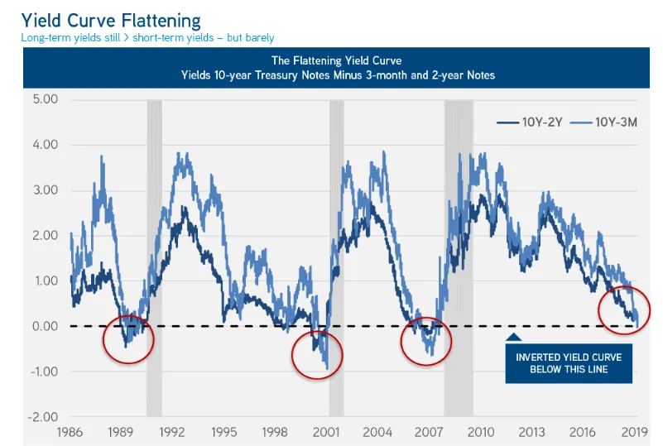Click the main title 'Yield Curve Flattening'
111,18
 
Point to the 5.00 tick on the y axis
41,100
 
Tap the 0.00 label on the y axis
41,326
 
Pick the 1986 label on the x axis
70,432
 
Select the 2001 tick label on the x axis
326,432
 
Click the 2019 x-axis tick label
633,432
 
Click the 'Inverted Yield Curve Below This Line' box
569,362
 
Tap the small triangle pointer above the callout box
513,336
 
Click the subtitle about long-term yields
147,38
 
